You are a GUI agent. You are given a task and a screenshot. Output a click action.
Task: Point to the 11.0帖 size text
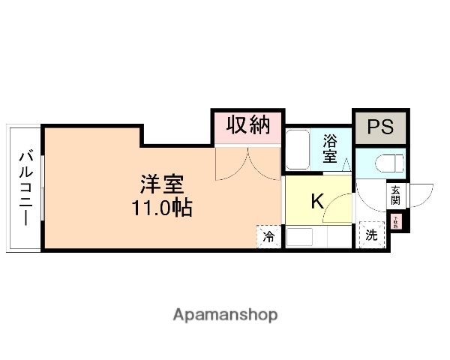(162, 208)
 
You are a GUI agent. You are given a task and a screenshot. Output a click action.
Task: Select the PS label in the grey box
(380, 127)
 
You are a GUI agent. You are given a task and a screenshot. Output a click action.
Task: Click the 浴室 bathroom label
(330, 148)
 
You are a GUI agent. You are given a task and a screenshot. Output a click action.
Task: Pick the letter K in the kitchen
(317, 201)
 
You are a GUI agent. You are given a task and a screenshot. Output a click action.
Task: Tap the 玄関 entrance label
(395, 196)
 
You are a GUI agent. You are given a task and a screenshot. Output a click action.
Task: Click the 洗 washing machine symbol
(371, 235)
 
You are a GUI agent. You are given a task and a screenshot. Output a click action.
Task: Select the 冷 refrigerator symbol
(268, 237)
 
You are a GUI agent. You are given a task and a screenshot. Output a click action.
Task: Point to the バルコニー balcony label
(25, 187)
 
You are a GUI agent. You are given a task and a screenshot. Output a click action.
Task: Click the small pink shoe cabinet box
(396, 222)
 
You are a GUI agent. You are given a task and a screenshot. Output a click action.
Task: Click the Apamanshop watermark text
(225, 314)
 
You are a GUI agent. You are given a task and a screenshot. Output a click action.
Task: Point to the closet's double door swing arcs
(246, 163)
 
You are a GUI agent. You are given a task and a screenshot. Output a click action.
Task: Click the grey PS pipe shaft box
(380, 127)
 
